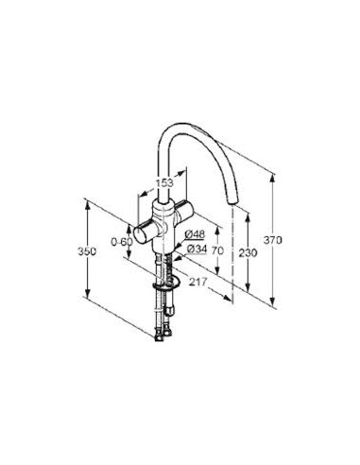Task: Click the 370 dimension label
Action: (x=273, y=240)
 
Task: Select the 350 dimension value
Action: (x=87, y=251)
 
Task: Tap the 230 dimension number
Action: (x=248, y=252)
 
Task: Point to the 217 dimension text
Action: (x=197, y=282)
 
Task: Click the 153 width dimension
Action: (x=164, y=182)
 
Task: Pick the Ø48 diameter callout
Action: (x=195, y=234)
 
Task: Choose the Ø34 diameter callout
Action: (x=197, y=250)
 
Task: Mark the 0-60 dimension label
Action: (x=122, y=242)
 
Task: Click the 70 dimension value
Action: (x=217, y=250)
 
